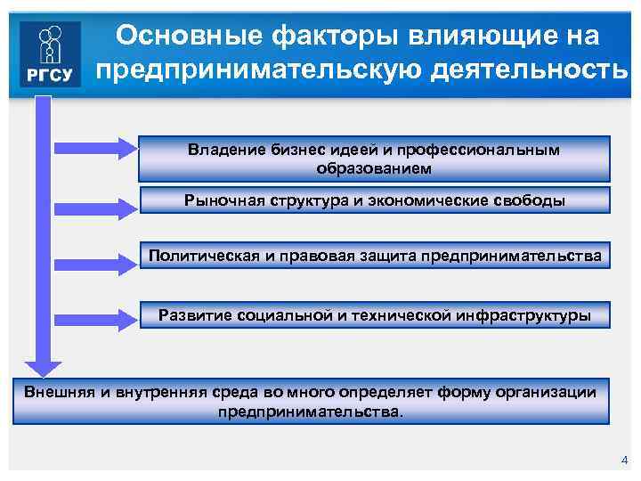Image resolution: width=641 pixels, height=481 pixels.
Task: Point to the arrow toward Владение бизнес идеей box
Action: click(x=93, y=148)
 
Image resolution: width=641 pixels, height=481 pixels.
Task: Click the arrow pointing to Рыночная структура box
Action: click(x=93, y=206)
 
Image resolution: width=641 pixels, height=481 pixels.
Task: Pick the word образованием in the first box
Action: click(x=374, y=167)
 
